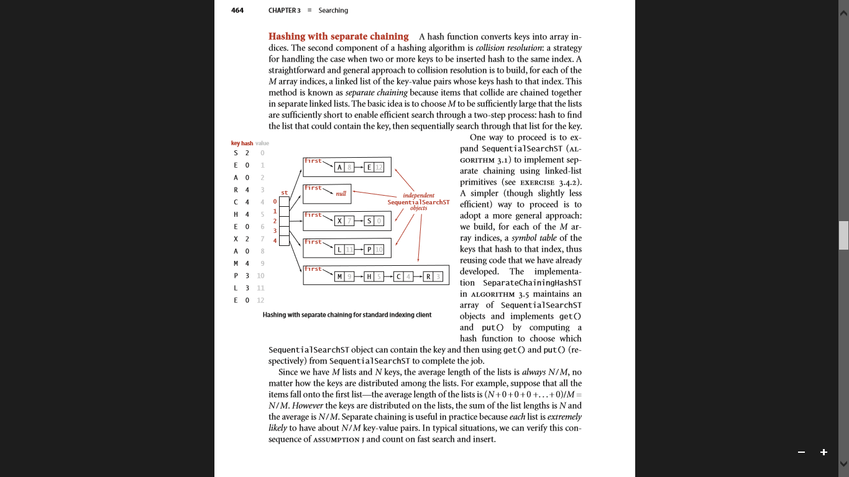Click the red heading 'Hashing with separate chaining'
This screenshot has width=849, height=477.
(x=338, y=37)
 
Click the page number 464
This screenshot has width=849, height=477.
(x=237, y=11)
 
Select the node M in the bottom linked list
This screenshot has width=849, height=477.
(x=339, y=276)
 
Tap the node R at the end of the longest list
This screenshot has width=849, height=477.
(x=429, y=276)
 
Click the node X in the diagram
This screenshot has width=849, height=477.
(x=339, y=221)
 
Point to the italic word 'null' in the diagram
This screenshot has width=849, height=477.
(x=341, y=194)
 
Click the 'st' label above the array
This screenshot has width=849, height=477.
(x=285, y=193)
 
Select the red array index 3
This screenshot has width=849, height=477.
(x=275, y=230)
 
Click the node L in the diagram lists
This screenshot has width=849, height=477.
(x=339, y=250)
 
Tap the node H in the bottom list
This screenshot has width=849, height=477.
(x=369, y=276)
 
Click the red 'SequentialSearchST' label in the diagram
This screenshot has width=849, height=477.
(x=418, y=202)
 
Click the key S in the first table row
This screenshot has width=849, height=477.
(x=236, y=153)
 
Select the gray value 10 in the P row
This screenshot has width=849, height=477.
(x=260, y=275)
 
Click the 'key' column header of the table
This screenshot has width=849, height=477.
(x=236, y=143)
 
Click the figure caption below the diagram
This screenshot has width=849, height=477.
(x=347, y=315)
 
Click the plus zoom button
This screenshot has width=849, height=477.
(x=824, y=452)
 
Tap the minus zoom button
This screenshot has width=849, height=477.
(x=802, y=452)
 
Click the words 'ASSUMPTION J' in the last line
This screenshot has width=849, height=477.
(x=336, y=440)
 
